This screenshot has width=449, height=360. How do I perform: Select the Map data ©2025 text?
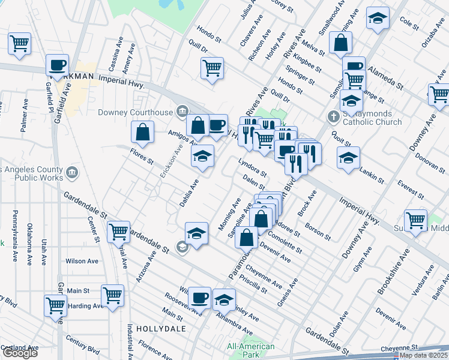pyautogui.click(x=423, y=355)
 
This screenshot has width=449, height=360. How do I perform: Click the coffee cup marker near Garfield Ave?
pyautogui.click(x=57, y=65)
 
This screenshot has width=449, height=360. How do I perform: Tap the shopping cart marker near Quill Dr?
pyautogui.click(x=212, y=68)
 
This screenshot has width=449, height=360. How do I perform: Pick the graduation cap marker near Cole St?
pyautogui.click(x=378, y=19)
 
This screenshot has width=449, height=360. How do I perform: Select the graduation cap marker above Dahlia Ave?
pyautogui.click(x=203, y=157)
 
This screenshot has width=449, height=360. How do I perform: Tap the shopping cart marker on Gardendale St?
pyautogui.click(x=118, y=231)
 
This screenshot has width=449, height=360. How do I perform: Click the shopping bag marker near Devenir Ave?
pyautogui.click(x=247, y=236)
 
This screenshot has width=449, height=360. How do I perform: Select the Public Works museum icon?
pyautogui.click(x=71, y=173)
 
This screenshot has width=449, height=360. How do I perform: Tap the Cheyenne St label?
pyautogui.click(x=402, y=347)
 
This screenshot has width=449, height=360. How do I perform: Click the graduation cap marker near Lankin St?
pyautogui.click(x=348, y=158)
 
